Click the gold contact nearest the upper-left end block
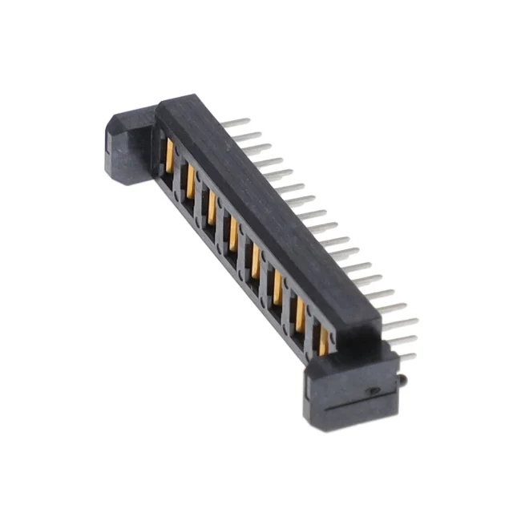click(171, 153)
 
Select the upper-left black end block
click(127, 149)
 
